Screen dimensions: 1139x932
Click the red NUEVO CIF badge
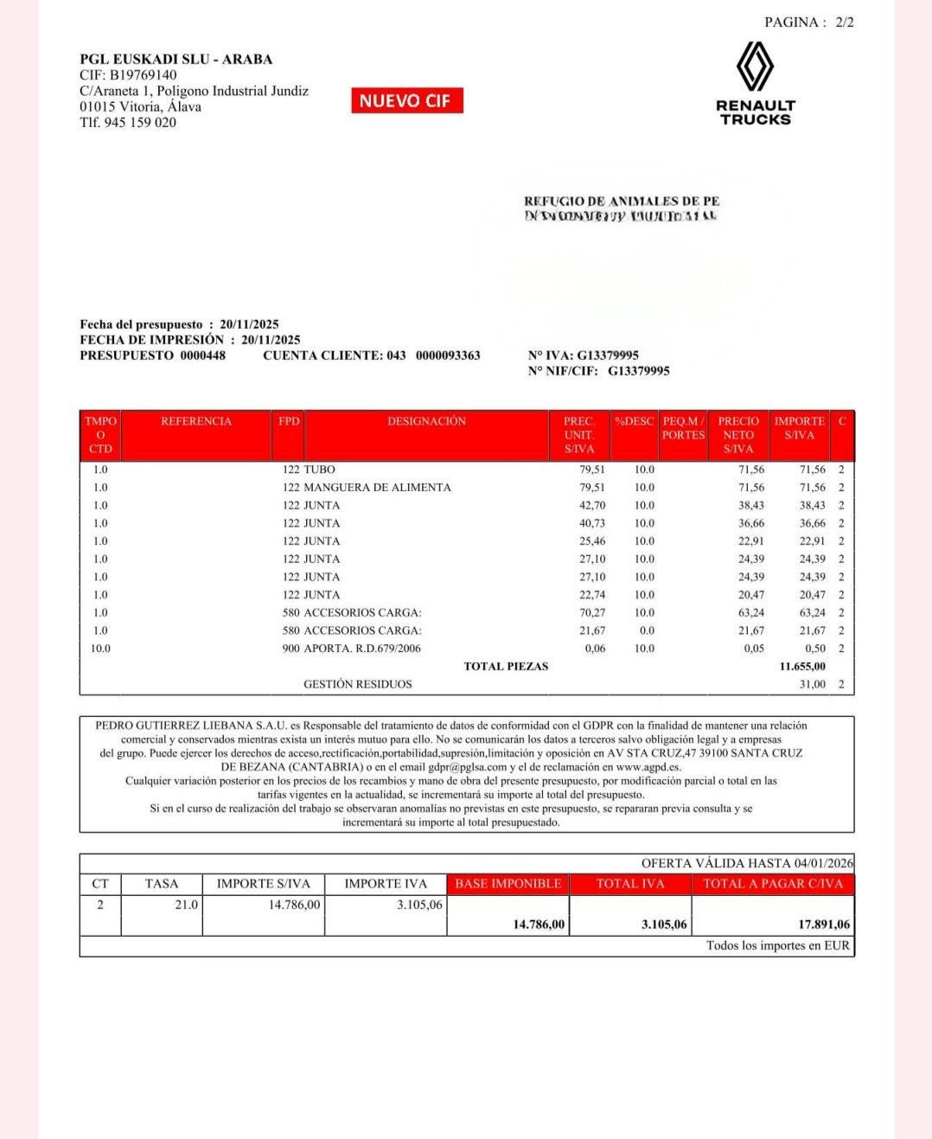[x=406, y=100]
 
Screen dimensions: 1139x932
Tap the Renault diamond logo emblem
[x=755, y=67]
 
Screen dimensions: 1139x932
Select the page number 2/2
[x=844, y=22]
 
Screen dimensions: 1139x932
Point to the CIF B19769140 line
[x=128, y=75]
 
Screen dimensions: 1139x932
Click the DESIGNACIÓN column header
[x=426, y=421]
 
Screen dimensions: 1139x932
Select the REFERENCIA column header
[x=196, y=421]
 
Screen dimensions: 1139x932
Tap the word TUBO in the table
[x=319, y=470]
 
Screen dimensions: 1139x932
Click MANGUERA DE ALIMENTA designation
[x=377, y=488]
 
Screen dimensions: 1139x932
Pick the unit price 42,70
[x=592, y=505]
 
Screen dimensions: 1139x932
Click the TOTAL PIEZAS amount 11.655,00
[x=802, y=666]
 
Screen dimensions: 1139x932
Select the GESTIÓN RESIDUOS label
[x=357, y=684]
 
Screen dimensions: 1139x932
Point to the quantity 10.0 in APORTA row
[x=100, y=649]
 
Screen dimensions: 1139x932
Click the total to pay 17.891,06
[x=824, y=925]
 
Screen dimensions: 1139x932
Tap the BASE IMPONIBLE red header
[x=507, y=884]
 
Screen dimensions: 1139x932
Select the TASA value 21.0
[x=186, y=905]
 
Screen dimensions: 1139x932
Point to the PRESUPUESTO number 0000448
[x=202, y=355]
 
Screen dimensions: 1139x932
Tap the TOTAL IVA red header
[x=630, y=884]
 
